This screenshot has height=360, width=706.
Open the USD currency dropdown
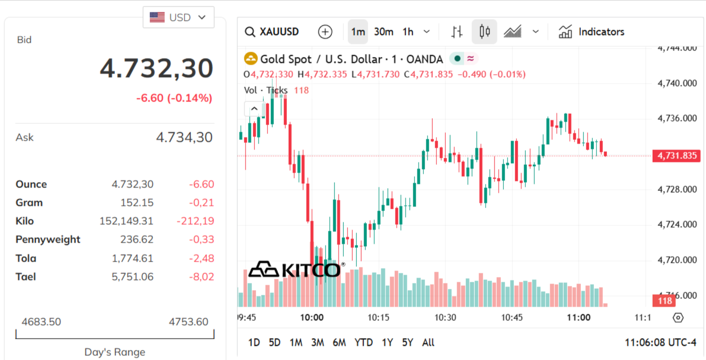[178, 17]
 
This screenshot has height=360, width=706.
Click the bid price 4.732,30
[156, 68]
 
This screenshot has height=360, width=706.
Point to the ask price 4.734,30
[184, 138]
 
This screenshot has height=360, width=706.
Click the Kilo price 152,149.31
[126, 221]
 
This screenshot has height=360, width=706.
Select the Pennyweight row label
[48, 240]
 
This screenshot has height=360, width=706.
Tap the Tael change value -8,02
[201, 276]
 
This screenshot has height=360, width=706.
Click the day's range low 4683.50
[41, 322]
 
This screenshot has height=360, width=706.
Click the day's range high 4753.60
[189, 322]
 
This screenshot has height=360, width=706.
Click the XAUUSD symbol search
[272, 32]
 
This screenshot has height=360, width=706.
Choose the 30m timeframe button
[384, 32]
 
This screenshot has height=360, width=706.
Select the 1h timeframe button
[408, 32]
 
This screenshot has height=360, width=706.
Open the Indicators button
[592, 32]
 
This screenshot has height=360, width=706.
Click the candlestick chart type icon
[484, 32]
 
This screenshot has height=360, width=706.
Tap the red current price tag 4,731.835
[676, 156]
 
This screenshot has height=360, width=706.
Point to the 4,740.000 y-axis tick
[677, 83]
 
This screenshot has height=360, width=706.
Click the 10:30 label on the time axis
[445, 317]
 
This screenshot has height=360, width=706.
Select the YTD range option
[363, 342]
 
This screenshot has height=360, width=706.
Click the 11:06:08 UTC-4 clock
[660, 342]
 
